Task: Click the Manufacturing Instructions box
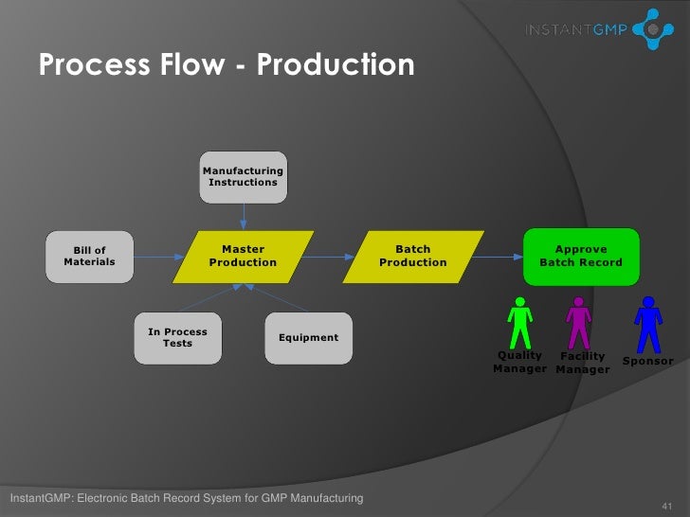coord(243,176)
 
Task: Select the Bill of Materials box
coord(90,256)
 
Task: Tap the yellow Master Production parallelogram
coord(243,256)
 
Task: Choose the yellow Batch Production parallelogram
coord(412,256)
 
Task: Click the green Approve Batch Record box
coord(580,256)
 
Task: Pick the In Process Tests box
coord(177,338)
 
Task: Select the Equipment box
coord(308,338)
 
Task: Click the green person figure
coord(518,322)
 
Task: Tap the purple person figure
coord(578,322)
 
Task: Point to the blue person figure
coord(646,322)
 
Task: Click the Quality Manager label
coord(519,363)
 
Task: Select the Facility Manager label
coord(582,363)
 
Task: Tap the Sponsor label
coord(647,362)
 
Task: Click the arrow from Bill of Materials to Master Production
coord(154,256)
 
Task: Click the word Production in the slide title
coord(336,65)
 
